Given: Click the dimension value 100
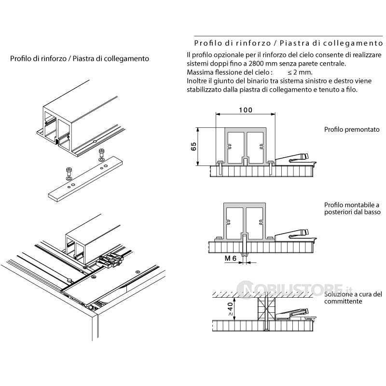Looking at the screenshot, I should click(245, 110).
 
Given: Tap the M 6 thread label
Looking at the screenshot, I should click(231, 259).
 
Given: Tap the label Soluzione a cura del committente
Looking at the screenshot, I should click(353, 298).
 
